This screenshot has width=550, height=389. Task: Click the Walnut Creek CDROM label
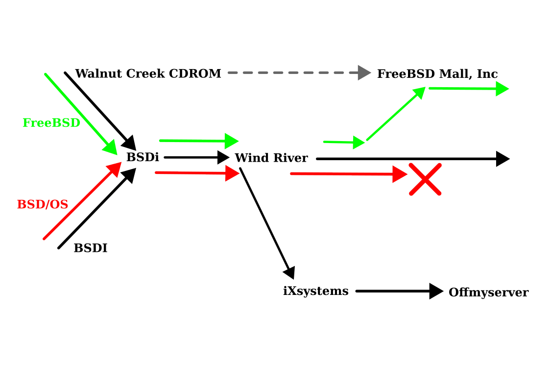tap(148, 73)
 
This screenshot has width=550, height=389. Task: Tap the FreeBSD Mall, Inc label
tap(437, 74)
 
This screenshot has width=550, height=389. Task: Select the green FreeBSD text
tap(51, 123)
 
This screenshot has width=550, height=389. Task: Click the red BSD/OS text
tap(43, 204)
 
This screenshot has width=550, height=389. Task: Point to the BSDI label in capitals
tap(91, 248)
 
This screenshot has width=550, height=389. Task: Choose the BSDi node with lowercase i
tap(143, 157)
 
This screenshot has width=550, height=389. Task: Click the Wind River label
tap(271, 158)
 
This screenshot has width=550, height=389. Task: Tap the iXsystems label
tap(316, 291)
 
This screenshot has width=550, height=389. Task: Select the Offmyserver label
tap(489, 292)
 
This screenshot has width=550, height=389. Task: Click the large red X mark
tap(425, 179)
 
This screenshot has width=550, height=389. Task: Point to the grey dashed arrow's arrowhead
tap(364, 73)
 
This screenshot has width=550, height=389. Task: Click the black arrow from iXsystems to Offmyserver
tap(400, 291)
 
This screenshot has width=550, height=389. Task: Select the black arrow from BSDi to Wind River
tap(197, 157)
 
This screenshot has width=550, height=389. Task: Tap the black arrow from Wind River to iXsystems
tap(267, 224)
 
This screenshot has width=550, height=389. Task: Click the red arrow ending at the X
tap(349, 174)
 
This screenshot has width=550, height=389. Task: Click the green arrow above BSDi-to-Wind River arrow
tap(199, 141)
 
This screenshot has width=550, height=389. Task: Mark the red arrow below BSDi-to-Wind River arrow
tap(197, 173)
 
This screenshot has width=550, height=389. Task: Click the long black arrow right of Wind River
tap(413, 159)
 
